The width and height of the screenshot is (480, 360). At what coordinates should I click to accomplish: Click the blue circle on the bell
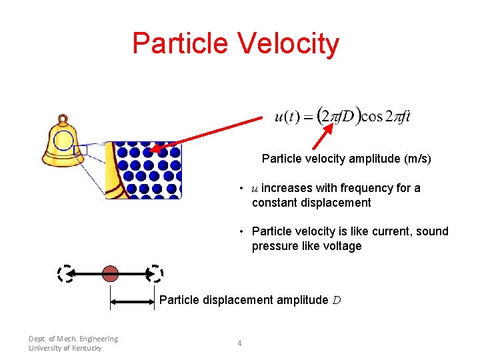[63, 141]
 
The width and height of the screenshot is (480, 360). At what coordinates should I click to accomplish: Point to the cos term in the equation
[371, 117]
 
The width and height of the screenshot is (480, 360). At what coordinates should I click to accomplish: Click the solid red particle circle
[110, 273]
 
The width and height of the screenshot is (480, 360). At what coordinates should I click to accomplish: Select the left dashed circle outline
[65, 273]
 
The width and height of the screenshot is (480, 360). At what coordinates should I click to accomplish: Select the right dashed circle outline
[155, 273]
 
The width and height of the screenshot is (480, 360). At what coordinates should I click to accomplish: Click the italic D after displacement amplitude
[337, 300]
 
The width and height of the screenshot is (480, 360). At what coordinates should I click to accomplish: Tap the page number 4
[239, 343]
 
